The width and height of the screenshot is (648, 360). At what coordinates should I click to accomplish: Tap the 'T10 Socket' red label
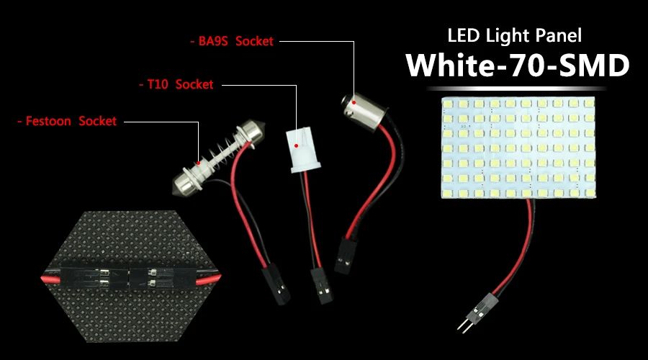pos(179,84)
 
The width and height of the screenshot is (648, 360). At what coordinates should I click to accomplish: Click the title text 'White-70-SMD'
pos(517,66)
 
